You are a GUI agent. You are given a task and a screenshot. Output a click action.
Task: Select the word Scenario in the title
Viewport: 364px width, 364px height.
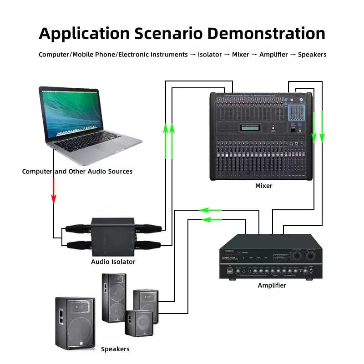click(x=169, y=34)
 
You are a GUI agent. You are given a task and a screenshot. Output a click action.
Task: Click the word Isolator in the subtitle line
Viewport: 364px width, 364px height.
click(x=210, y=55)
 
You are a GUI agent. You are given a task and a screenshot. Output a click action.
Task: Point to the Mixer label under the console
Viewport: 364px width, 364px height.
click(x=263, y=186)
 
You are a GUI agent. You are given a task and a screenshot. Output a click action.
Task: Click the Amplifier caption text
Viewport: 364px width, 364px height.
click(x=272, y=285)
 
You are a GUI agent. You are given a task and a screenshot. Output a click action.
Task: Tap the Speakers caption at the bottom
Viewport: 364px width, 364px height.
click(x=115, y=349)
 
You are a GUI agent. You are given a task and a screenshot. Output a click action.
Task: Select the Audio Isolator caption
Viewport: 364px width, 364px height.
click(x=113, y=262)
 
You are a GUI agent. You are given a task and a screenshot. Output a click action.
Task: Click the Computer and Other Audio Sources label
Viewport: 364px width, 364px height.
click(x=77, y=172)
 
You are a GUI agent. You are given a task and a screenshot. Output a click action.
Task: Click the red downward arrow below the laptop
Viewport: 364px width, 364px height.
click(x=54, y=191)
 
